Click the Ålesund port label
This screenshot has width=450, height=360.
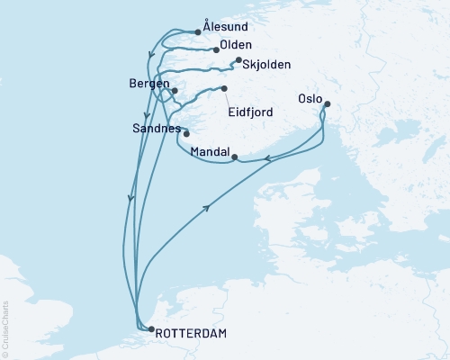point(226,29)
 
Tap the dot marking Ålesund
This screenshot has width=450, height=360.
point(198,31)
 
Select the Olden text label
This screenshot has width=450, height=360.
point(236,45)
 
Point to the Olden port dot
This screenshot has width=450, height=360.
point(217,49)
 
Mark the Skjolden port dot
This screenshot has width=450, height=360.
point(238,60)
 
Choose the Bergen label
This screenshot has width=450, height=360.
point(148,84)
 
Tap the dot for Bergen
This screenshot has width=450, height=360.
point(175,91)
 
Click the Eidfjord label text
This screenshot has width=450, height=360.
point(254,113)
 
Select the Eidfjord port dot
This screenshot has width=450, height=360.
point(224,88)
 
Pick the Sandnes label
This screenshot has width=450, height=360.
point(155,129)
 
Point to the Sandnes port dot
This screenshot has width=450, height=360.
point(186,134)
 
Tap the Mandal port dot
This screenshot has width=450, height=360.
point(235,157)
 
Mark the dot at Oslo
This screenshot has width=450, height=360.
point(326,104)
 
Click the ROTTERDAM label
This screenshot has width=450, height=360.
point(192,334)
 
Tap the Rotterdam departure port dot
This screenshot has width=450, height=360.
point(150,329)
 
